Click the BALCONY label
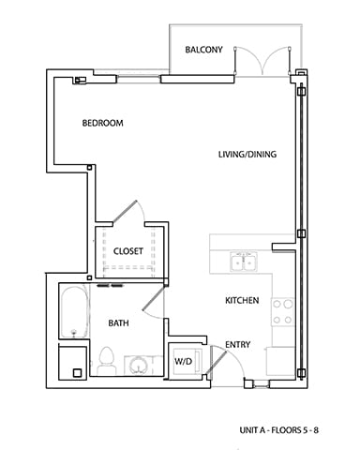(x=203, y=50)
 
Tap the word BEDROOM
(x=103, y=124)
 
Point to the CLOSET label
(x=127, y=251)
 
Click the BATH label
(x=118, y=322)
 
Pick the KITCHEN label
(x=241, y=301)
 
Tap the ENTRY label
(x=238, y=345)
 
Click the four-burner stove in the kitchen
(x=283, y=310)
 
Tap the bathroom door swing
(x=153, y=300)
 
